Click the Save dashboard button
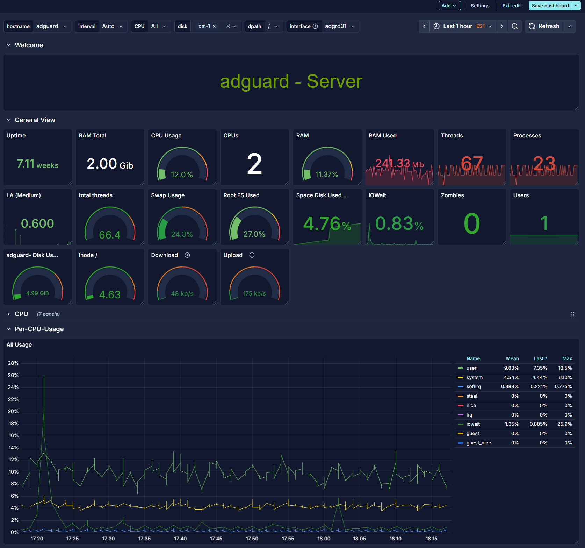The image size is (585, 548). (x=550, y=6)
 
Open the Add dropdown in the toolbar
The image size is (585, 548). (x=449, y=6)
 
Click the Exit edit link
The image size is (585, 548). (x=511, y=6)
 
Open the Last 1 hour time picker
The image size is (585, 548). (x=463, y=26)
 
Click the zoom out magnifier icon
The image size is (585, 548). (x=514, y=26)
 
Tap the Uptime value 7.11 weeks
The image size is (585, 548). (x=37, y=164)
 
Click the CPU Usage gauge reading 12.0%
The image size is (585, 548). (x=182, y=174)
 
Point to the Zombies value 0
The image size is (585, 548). (x=471, y=223)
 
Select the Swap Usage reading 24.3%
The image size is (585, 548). (x=182, y=234)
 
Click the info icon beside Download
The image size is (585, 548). (x=187, y=255)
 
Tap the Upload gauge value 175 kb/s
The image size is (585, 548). (x=254, y=293)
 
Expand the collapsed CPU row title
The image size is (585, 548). (x=21, y=314)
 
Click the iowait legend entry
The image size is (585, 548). (x=473, y=424)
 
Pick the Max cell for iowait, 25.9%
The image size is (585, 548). (x=564, y=424)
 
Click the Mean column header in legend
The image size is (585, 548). (x=512, y=359)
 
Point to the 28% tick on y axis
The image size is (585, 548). (x=13, y=363)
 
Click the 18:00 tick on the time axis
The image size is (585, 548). (x=324, y=539)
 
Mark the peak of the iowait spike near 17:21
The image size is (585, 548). (x=44, y=376)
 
